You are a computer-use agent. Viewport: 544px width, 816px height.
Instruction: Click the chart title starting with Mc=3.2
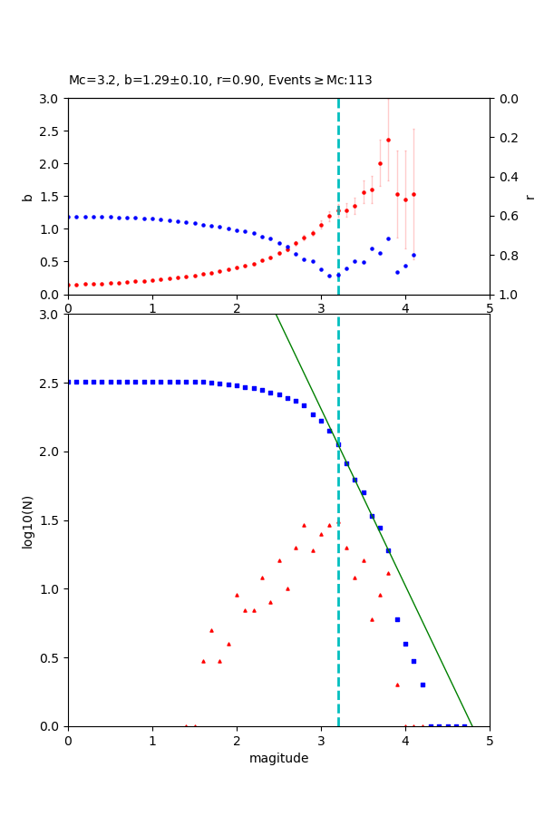[220, 81]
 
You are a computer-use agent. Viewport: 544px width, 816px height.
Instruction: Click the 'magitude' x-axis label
[278, 758]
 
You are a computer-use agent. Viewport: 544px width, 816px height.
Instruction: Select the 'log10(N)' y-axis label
[27, 520]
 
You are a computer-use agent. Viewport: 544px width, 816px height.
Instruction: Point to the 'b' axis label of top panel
[27, 197]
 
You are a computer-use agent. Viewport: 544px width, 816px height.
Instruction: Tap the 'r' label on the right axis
[529, 197]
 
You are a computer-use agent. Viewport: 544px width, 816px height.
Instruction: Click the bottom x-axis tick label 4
[405, 740]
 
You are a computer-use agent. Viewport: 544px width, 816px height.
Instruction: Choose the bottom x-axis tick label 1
[152, 740]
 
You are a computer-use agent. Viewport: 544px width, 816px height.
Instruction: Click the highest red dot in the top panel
[388, 140]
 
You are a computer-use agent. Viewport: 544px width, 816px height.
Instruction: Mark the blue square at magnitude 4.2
[423, 685]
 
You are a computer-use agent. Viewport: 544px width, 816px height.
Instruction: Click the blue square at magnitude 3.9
[397, 619]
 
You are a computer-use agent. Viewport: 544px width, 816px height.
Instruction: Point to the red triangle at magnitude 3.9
[397, 685]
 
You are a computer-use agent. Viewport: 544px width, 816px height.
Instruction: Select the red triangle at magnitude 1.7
[211, 630]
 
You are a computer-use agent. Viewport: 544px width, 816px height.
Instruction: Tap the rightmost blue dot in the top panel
[413, 255]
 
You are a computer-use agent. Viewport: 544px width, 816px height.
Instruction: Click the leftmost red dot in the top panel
[69, 285]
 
